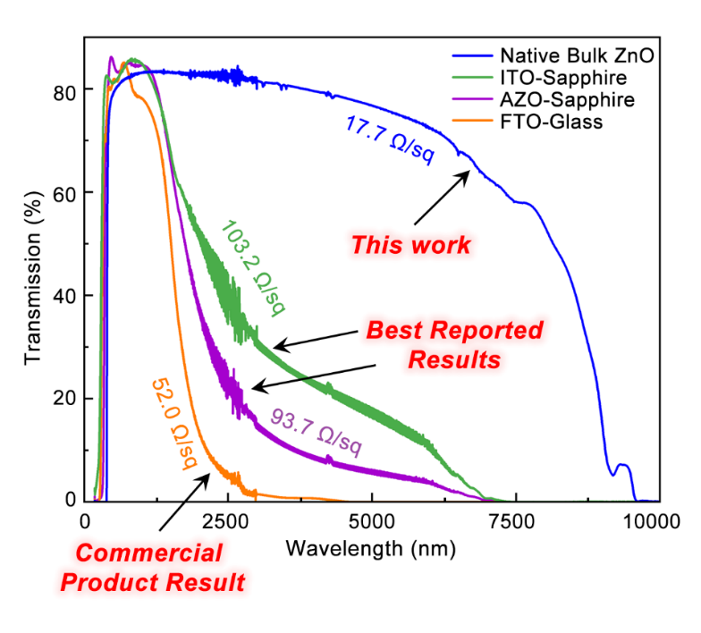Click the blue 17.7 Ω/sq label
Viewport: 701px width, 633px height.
click(389, 139)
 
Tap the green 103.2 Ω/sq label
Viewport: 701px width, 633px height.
click(252, 266)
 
